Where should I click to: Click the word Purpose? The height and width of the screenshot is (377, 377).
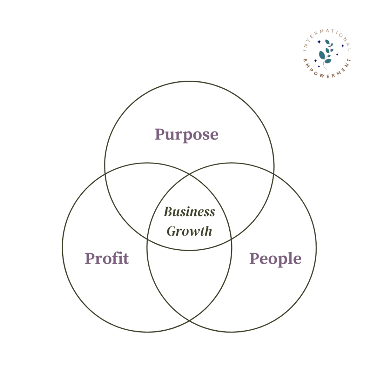click(x=187, y=135)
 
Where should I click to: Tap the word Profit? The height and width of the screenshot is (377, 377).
click(x=107, y=258)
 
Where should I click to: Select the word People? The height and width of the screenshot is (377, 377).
click(x=275, y=259)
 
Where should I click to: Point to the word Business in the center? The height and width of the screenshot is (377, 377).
click(x=190, y=212)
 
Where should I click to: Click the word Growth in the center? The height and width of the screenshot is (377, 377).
click(x=190, y=231)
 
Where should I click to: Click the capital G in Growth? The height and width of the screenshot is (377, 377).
click(x=172, y=231)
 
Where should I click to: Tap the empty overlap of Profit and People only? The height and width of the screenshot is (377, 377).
click(x=190, y=281)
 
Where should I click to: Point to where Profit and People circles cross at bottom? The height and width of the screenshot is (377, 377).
click(x=190, y=321)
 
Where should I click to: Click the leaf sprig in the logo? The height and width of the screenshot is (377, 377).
click(x=326, y=54)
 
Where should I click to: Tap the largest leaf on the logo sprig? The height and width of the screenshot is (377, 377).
click(x=322, y=55)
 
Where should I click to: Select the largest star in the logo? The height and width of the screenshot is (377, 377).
click(x=319, y=42)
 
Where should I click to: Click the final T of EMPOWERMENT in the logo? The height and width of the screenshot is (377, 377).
click(x=349, y=60)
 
